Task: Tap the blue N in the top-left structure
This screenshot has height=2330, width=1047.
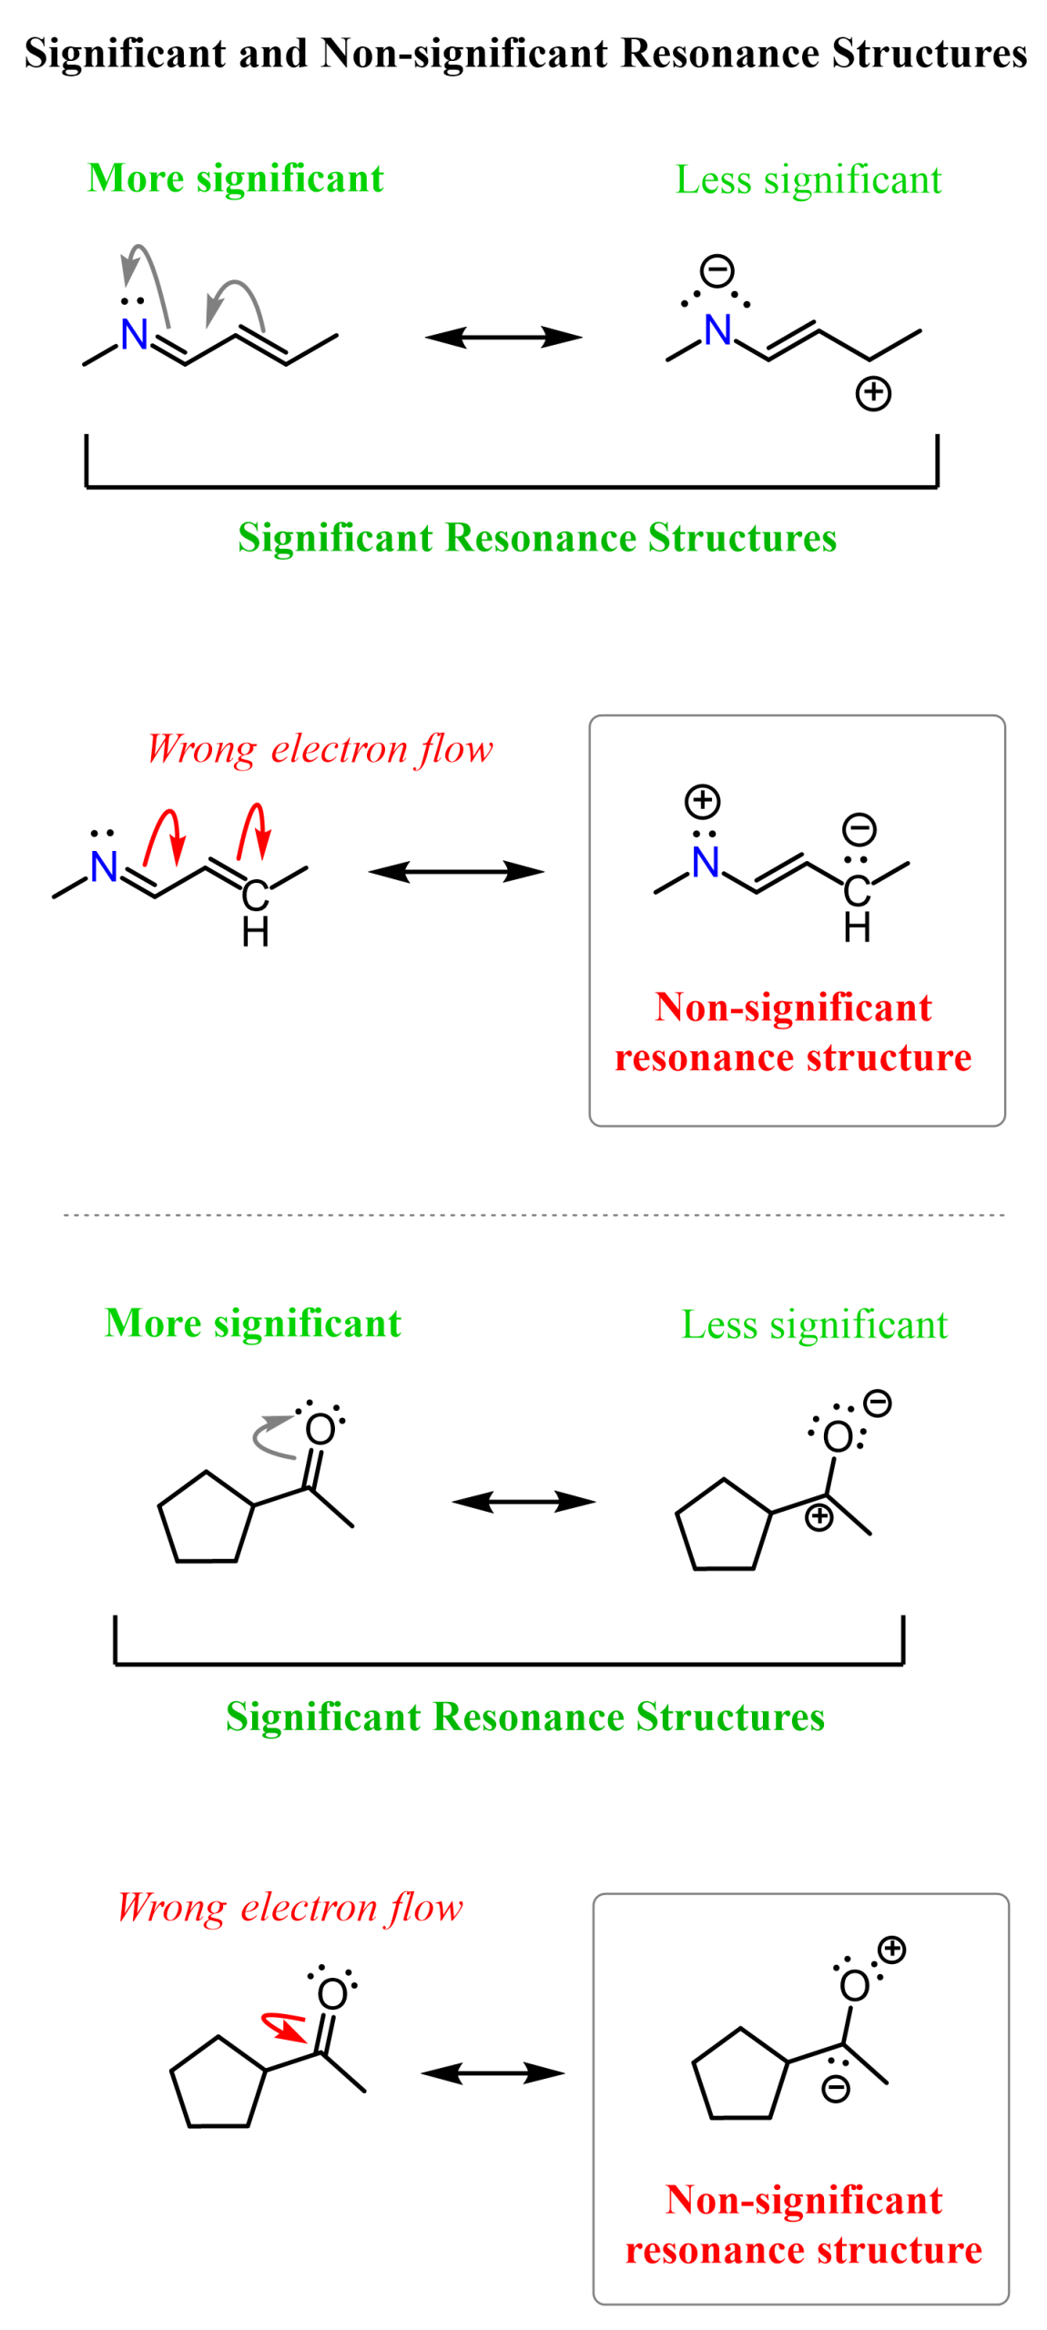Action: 134,333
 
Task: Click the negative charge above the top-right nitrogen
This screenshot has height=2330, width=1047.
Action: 717,269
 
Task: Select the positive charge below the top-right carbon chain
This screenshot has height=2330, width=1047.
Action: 872,393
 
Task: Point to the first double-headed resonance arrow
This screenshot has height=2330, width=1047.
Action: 503,337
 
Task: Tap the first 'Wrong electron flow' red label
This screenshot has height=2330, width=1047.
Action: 319,748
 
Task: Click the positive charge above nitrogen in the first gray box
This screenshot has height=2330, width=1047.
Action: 701,801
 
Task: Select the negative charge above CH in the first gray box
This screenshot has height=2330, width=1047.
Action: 859,829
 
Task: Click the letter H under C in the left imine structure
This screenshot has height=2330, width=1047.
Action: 255,933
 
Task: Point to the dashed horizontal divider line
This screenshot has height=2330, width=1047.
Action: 533,1213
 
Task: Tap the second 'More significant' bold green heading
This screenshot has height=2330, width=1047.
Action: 252,1322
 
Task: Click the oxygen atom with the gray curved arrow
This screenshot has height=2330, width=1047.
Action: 320,1428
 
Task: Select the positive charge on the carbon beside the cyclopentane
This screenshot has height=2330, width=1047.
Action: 818,1516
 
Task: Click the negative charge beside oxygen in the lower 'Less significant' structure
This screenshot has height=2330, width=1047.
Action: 877,1403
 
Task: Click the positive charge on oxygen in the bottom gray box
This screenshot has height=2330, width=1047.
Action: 891,1950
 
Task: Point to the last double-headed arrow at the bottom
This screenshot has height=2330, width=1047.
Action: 492,2073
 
